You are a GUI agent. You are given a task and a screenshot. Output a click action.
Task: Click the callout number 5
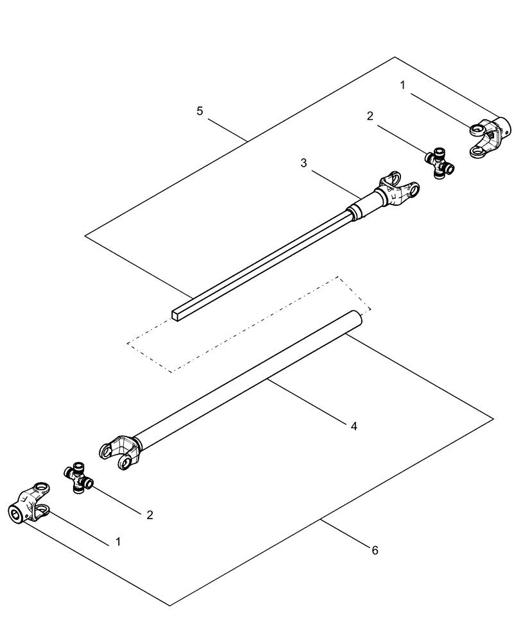pos(200,112)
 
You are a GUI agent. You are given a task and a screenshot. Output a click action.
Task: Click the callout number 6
pos(375,550)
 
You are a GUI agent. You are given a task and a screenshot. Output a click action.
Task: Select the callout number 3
pos(303,163)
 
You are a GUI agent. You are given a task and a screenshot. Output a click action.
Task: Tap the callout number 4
pos(354,425)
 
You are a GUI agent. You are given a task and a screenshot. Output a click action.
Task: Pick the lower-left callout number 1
pos(117,542)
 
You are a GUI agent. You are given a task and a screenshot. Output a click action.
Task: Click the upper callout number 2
pos(370,116)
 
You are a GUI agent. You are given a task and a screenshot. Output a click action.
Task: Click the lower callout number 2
pos(149,514)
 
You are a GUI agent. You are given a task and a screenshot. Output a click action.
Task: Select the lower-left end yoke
pos(30,506)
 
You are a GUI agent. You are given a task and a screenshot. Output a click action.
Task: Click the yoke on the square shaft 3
pos(398,190)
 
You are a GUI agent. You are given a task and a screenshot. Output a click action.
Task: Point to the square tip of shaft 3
pos(178,314)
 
